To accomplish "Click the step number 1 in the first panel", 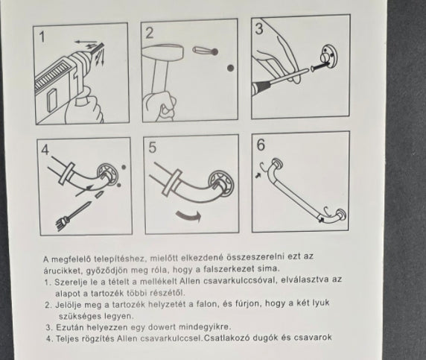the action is (x=42, y=37).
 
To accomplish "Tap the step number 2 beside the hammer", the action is (x=150, y=34).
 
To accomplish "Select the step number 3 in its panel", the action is (x=259, y=29).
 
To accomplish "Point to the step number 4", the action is (x=45, y=150).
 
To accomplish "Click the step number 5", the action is (x=153, y=148).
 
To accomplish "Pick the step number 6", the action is (x=261, y=145).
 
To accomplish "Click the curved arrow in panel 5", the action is (x=188, y=216).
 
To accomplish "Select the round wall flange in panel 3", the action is (x=329, y=58).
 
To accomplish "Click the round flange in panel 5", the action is (x=222, y=183).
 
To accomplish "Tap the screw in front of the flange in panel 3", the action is (x=319, y=66).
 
